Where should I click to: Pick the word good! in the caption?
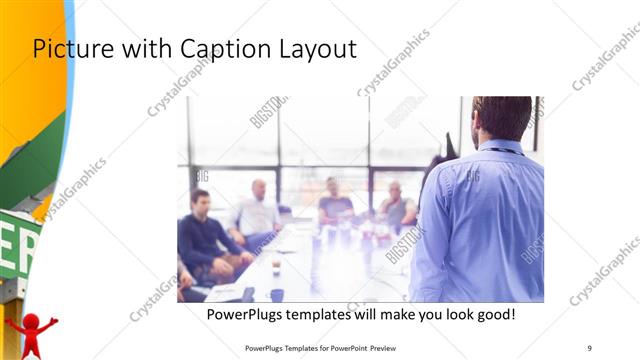pos(493,315)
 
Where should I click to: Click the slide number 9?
pos(589,347)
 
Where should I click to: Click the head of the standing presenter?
pos(500,118)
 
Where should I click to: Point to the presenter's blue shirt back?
pos(485,220)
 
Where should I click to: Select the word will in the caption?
pos(366,315)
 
